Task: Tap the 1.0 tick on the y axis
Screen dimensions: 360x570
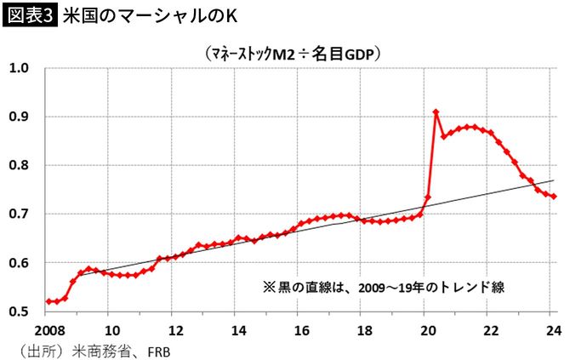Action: pos(20,68)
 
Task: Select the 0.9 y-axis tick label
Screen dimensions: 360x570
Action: pos(20,117)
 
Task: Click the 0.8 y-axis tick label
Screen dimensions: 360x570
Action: pos(20,165)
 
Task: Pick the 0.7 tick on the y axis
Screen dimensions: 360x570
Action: pos(20,214)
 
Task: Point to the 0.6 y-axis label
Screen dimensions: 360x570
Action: pos(20,263)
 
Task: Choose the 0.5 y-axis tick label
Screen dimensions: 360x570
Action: pos(20,312)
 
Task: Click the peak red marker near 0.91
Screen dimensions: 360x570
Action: pos(436,112)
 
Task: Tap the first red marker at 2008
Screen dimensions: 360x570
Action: pos(47,301)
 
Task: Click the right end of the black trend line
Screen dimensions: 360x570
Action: pos(555,180)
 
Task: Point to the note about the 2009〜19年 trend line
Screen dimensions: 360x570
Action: pos(385,288)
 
